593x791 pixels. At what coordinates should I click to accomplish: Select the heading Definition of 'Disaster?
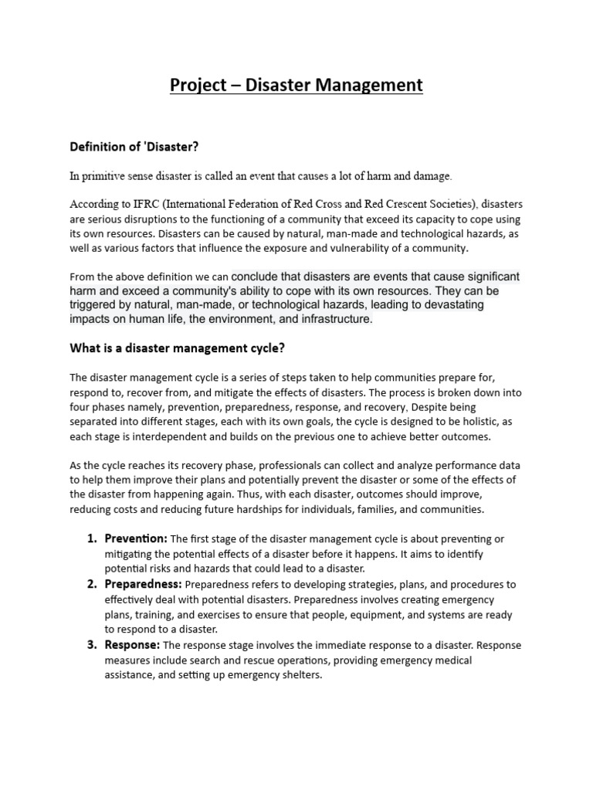[140, 146]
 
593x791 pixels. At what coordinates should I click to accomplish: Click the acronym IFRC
[153, 205]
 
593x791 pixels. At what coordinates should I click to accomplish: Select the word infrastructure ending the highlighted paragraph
[337, 319]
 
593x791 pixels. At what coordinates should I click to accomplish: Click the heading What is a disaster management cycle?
[178, 348]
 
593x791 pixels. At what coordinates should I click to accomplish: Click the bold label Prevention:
[136, 538]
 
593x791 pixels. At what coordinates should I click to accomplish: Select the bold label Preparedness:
[144, 584]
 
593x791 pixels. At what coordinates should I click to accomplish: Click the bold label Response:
[132, 644]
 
